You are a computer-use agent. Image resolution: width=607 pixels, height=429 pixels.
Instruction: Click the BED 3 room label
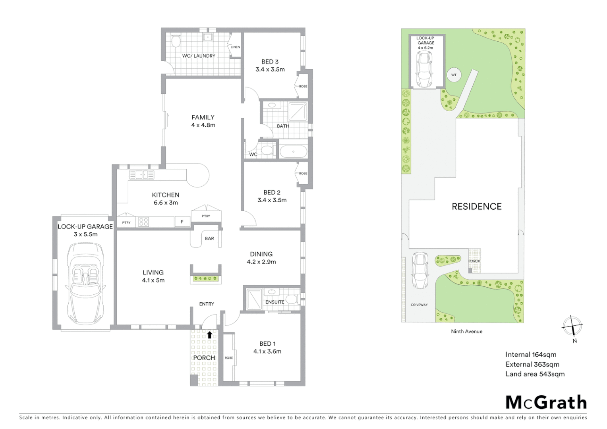(x=270, y=62)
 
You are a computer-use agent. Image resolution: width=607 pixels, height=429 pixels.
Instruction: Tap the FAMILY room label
(x=203, y=118)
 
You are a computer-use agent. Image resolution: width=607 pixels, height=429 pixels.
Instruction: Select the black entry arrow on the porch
(x=209, y=334)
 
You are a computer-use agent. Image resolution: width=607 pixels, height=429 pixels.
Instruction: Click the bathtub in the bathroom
(x=293, y=152)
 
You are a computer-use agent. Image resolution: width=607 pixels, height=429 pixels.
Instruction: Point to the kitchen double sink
(x=142, y=174)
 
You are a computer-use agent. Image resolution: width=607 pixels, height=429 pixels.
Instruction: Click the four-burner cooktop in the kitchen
(x=143, y=222)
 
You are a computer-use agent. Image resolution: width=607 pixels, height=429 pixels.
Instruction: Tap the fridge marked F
(x=182, y=222)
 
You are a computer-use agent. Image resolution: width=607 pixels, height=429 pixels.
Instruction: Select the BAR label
(x=209, y=238)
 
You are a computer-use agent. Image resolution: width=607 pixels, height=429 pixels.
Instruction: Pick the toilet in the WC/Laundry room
(x=175, y=40)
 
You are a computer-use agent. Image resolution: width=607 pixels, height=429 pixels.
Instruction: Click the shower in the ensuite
(x=254, y=299)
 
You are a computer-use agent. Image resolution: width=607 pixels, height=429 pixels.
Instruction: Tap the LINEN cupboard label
(x=235, y=47)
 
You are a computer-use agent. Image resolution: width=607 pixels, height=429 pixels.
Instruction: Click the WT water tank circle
(x=454, y=75)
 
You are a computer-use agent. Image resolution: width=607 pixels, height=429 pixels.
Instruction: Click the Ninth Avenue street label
(x=466, y=331)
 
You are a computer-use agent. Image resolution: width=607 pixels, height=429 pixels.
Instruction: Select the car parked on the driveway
(x=419, y=270)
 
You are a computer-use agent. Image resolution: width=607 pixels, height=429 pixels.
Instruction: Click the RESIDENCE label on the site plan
(x=476, y=207)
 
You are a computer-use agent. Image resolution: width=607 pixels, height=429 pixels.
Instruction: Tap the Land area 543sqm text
(x=535, y=374)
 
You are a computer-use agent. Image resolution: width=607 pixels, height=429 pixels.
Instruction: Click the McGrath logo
(x=546, y=402)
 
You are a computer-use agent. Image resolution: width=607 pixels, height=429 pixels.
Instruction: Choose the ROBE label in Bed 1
(x=229, y=358)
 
